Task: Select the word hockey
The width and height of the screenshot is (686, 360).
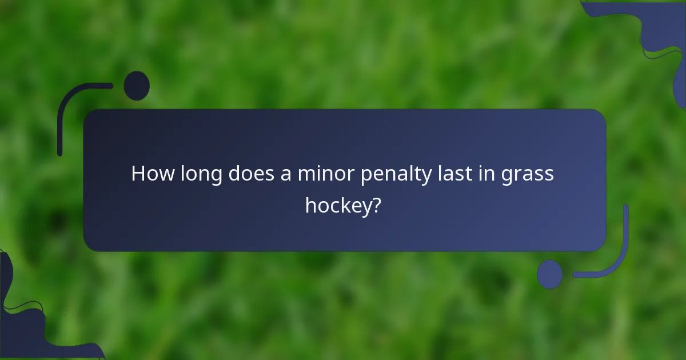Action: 337,205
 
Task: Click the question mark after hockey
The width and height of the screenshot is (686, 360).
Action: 376,205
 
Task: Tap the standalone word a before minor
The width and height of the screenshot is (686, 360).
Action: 286,175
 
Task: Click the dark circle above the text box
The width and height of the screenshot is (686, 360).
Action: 137,86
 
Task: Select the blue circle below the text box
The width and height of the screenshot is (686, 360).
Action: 549,274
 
